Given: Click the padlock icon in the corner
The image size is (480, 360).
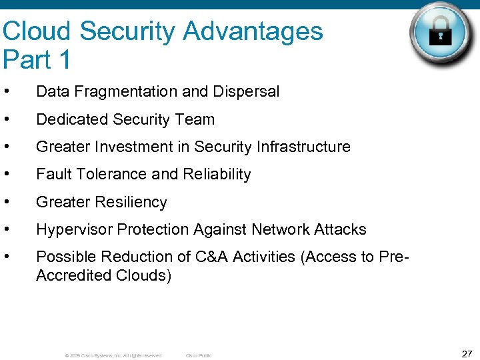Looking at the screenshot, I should click(x=440, y=34).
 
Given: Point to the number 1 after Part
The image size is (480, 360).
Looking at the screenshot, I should click(x=64, y=60).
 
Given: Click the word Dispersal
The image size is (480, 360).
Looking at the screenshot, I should click(x=249, y=92).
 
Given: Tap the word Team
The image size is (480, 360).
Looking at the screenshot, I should click(x=197, y=119).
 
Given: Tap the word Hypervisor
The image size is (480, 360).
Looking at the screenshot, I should click(x=74, y=229).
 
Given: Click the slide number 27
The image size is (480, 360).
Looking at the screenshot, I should click(x=467, y=353).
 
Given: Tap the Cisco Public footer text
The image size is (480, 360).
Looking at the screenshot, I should click(x=198, y=356).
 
